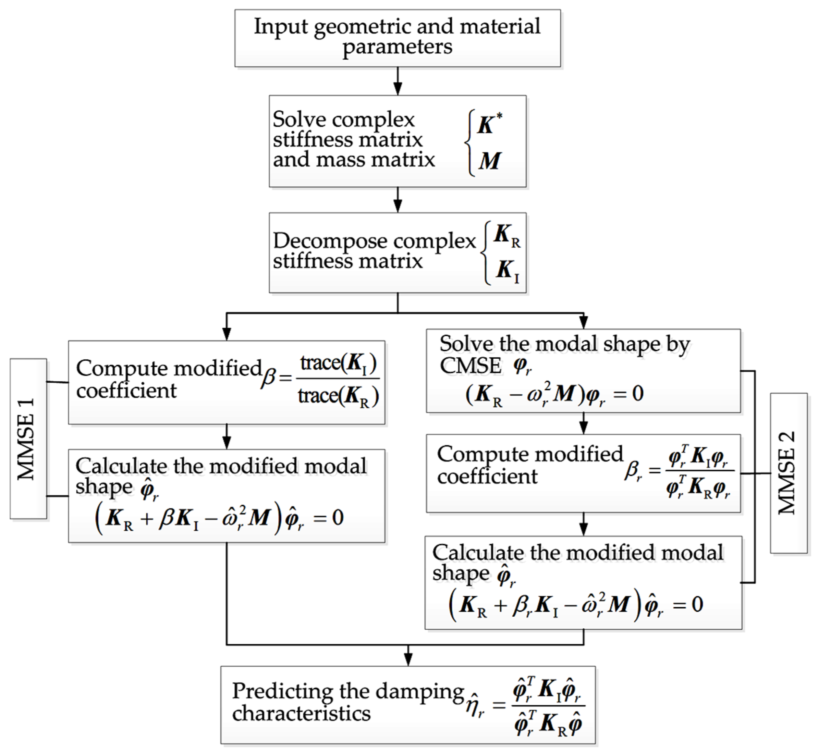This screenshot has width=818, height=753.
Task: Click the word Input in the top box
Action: pyautogui.click(x=280, y=27)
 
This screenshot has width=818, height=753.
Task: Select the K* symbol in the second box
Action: pyautogui.click(x=489, y=124)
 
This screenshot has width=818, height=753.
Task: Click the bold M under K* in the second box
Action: pyautogui.click(x=489, y=161)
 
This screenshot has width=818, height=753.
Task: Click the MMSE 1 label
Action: pyautogui.click(x=27, y=439)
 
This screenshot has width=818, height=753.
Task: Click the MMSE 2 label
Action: pyautogui.click(x=788, y=473)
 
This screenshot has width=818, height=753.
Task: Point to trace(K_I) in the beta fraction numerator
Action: pyautogui.click(x=338, y=363)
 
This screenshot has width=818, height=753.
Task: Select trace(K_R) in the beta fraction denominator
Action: pyautogui.click(x=338, y=396)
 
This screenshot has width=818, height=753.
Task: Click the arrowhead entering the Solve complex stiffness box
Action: pyautogui.click(x=398, y=89)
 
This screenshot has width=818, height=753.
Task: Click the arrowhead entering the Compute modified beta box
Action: pyautogui.click(x=227, y=334)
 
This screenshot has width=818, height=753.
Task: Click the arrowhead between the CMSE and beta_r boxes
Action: pyautogui.click(x=583, y=428)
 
